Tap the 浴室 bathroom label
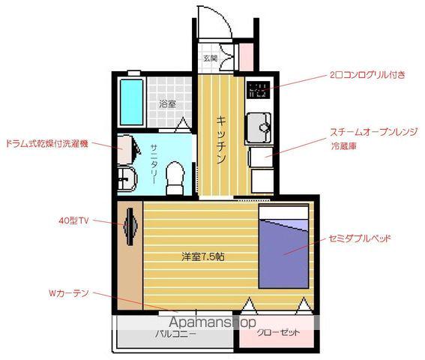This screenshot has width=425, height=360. [167, 104]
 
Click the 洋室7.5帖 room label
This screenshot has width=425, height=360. [202, 256]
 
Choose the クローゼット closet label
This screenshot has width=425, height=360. [278, 332]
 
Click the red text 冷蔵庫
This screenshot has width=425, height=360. [344, 147]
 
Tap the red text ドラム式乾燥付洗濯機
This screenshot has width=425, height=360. [47, 142]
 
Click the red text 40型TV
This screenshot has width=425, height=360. [73, 220]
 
